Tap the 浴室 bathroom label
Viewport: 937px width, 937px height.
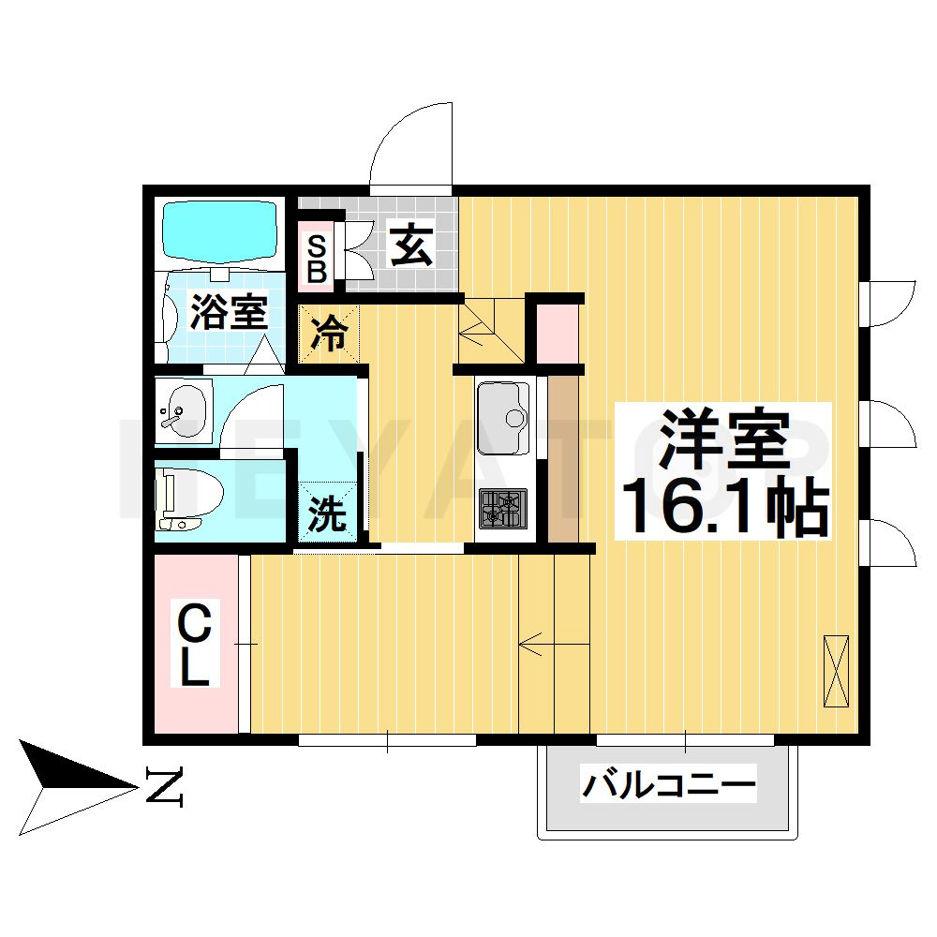[x=230, y=313]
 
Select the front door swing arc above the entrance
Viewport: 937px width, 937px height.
[x=412, y=145]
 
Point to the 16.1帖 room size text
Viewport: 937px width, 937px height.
[x=722, y=507]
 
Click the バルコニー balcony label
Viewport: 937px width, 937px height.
[x=668, y=783]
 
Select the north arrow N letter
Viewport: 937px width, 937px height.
[x=165, y=787]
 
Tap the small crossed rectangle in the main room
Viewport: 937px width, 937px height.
[x=835, y=671]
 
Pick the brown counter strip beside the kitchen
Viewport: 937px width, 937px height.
[x=562, y=459]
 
